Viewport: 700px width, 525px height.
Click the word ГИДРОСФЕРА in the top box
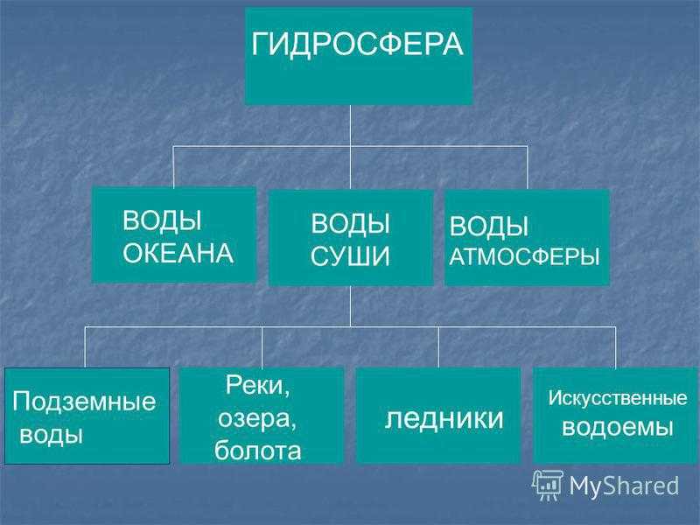(x=357, y=45)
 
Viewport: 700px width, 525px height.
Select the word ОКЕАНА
(x=178, y=253)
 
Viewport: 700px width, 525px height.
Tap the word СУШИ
(x=350, y=256)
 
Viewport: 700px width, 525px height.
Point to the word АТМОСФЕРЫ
(x=524, y=256)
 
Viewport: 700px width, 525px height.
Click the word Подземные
(x=84, y=402)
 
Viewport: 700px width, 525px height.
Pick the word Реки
(x=257, y=385)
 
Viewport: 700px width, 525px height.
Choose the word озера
(x=256, y=419)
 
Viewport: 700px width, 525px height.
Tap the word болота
(x=257, y=450)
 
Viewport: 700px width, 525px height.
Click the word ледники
(x=444, y=419)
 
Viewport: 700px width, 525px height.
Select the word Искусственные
(x=618, y=398)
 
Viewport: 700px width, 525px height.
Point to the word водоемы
(x=618, y=427)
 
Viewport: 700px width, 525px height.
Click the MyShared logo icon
(x=549, y=486)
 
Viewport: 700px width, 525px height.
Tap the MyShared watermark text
(x=624, y=486)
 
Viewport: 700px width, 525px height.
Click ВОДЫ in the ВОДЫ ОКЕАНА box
(x=162, y=220)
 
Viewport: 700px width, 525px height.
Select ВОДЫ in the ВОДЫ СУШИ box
(x=350, y=223)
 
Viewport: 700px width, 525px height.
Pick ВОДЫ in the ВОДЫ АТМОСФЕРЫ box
(x=489, y=226)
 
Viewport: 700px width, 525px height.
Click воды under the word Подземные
(x=51, y=434)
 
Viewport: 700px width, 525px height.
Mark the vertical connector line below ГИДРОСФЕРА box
(x=351, y=148)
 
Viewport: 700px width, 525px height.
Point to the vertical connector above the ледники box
(x=438, y=346)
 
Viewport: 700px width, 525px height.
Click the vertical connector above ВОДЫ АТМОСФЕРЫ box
(x=528, y=168)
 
